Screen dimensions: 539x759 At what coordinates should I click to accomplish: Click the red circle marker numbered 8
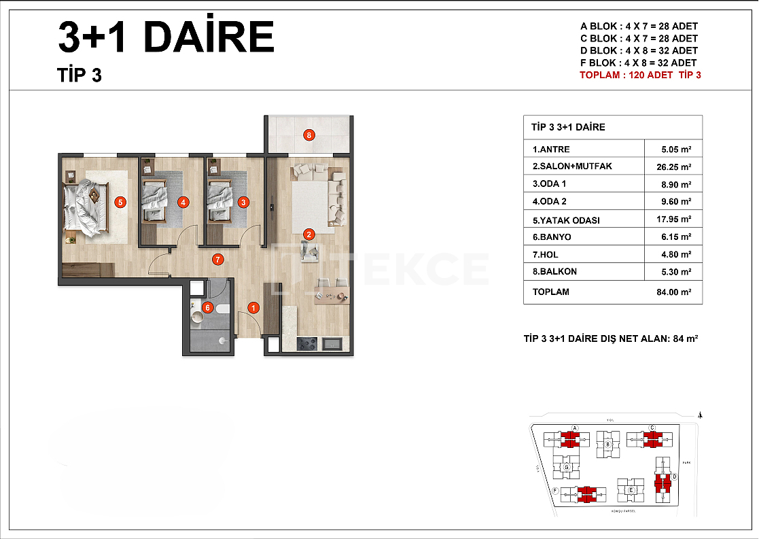tap(309, 135)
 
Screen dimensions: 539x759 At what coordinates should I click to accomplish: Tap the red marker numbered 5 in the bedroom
tap(120, 201)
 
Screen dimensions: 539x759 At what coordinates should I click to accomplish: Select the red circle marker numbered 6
tap(208, 308)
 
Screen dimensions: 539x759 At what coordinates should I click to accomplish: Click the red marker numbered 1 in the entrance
tap(253, 308)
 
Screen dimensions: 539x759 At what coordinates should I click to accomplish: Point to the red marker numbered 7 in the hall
tap(217, 258)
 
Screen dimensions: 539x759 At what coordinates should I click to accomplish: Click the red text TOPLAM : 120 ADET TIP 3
tap(639, 75)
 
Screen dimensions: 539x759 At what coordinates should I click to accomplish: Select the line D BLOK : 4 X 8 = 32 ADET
tap(638, 50)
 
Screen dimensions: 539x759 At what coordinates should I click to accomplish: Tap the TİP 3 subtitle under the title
tap(80, 75)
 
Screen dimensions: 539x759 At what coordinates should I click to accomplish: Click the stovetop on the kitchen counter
tap(307, 345)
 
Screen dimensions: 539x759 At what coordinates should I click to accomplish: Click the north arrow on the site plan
tap(701, 415)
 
